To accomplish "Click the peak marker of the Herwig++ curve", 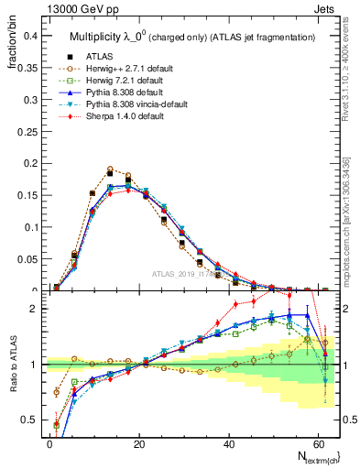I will coord(110,169).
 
